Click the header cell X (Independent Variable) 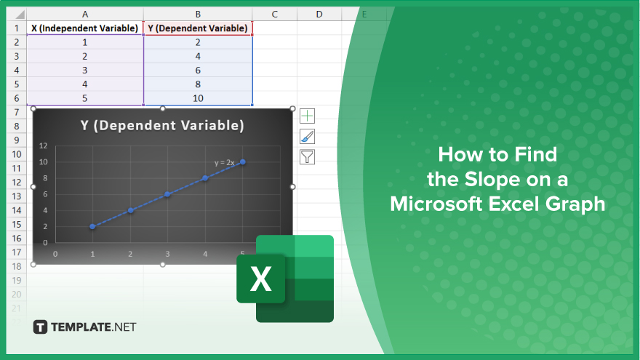pyautogui.click(x=85, y=28)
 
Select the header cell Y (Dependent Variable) pyautogui.click(x=198, y=28)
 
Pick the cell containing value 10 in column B pyautogui.click(x=198, y=98)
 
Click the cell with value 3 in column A pyautogui.click(x=85, y=71)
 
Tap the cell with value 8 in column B pyautogui.click(x=198, y=84)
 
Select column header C pyautogui.click(x=275, y=15)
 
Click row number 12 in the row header pyautogui.click(x=16, y=182)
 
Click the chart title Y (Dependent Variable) pyautogui.click(x=162, y=125)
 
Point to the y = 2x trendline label pyautogui.click(x=225, y=162)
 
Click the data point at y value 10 pyautogui.click(x=243, y=162)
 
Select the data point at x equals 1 pyautogui.click(x=92, y=226)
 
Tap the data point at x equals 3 pyautogui.click(x=167, y=194)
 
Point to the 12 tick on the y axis pyautogui.click(x=43, y=145)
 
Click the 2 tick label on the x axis pyautogui.click(x=130, y=254)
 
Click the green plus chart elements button pyautogui.click(x=308, y=116)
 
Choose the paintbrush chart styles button pyautogui.click(x=308, y=136)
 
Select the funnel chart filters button pyautogui.click(x=308, y=157)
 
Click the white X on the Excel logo pyautogui.click(x=261, y=279)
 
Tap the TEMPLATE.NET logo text pyautogui.click(x=94, y=327)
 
